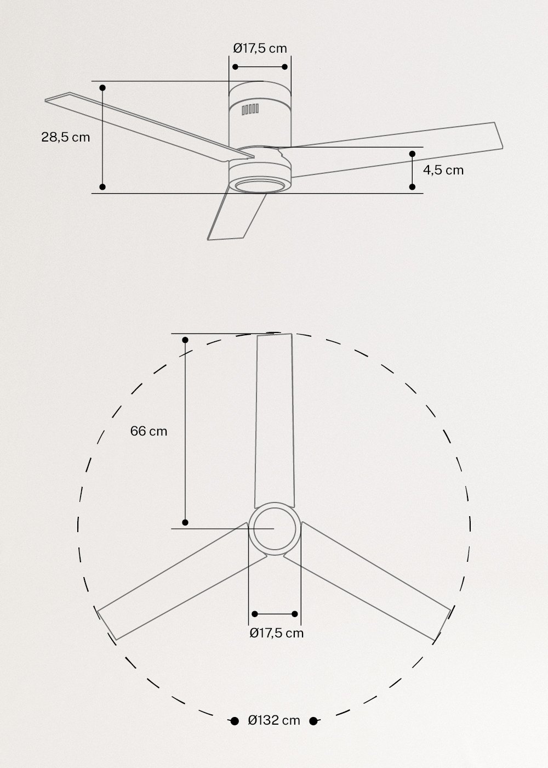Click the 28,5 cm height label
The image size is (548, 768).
coord(65,137)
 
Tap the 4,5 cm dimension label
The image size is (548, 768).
coord(443,170)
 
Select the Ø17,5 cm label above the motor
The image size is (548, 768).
coord(260,48)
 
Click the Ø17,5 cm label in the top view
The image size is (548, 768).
coord(276,633)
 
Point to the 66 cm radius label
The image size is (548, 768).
coord(149,431)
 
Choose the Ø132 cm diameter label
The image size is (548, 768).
coord(274,720)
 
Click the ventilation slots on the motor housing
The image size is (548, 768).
coord(250,109)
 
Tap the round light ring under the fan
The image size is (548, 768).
coord(259,185)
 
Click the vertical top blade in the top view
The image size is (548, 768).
coord(276,417)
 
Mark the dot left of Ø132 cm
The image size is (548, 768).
coord(234,721)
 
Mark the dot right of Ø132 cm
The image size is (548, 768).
coord(313,721)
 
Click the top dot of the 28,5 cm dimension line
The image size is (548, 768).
coord(102,87)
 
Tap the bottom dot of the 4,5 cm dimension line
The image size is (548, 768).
coord(412,187)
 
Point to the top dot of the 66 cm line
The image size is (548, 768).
coord(185,340)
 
